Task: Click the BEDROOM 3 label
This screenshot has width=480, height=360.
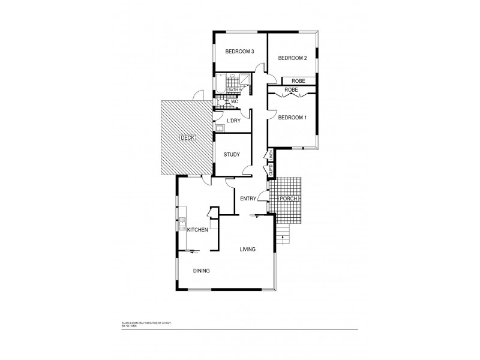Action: pyautogui.click(x=240, y=52)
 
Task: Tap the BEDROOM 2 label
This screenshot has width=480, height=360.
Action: pyautogui.click(x=292, y=58)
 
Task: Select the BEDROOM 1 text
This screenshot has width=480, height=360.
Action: pyautogui.click(x=292, y=117)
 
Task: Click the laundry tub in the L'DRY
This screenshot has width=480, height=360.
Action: pyautogui.click(x=219, y=127)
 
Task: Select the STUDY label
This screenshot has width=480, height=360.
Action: pyautogui.click(x=232, y=155)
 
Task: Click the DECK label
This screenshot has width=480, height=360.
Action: pyautogui.click(x=187, y=139)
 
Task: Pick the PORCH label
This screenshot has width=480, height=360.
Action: pyautogui.click(x=290, y=198)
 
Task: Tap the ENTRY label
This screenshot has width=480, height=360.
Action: pyautogui.click(x=248, y=199)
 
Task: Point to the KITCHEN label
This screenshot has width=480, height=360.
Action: pyautogui.click(x=197, y=230)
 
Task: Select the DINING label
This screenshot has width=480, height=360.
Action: pyautogui.click(x=202, y=271)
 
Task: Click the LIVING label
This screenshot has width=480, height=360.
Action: pyautogui.click(x=248, y=249)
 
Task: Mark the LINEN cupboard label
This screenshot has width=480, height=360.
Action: pyautogui.click(x=271, y=155)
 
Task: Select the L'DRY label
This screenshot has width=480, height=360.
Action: pyautogui.click(x=233, y=121)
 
